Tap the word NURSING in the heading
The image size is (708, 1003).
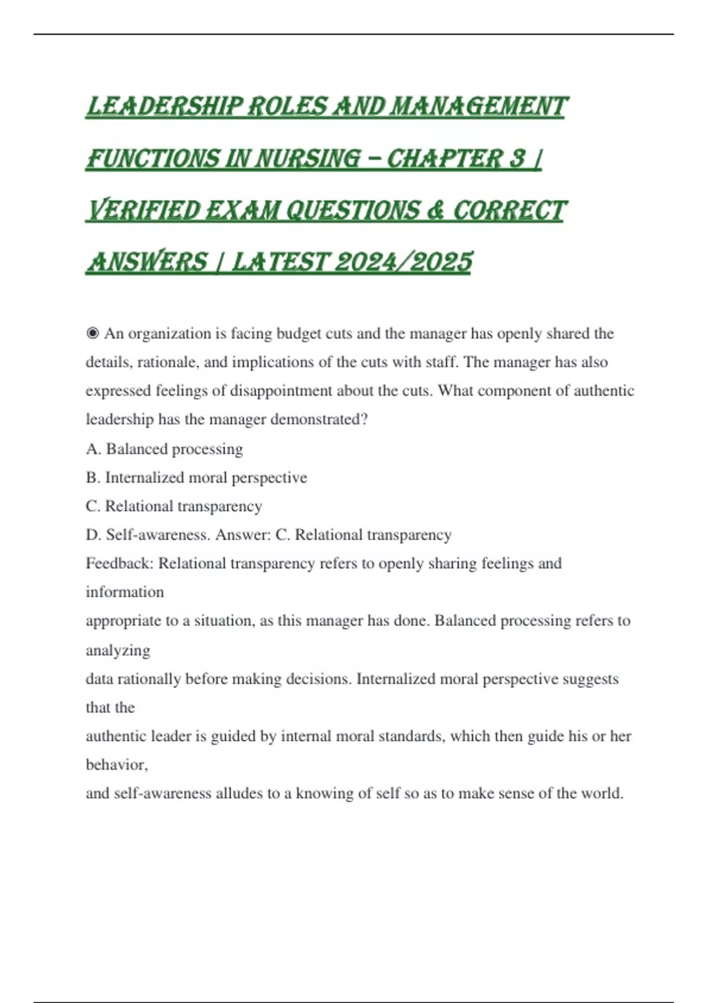click(306, 159)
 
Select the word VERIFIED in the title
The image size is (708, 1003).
click(143, 211)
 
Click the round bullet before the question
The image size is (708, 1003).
click(92, 334)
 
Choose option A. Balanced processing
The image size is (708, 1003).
click(164, 449)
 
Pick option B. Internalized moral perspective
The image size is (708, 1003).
click(196, 477)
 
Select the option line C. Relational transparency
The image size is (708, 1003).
click(173, 506)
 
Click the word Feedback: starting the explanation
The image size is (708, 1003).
click(119, 563)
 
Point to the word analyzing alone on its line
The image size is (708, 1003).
click(118, 650)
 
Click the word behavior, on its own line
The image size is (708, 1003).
click(117, 765)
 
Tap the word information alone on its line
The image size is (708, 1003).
click(124, 592)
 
